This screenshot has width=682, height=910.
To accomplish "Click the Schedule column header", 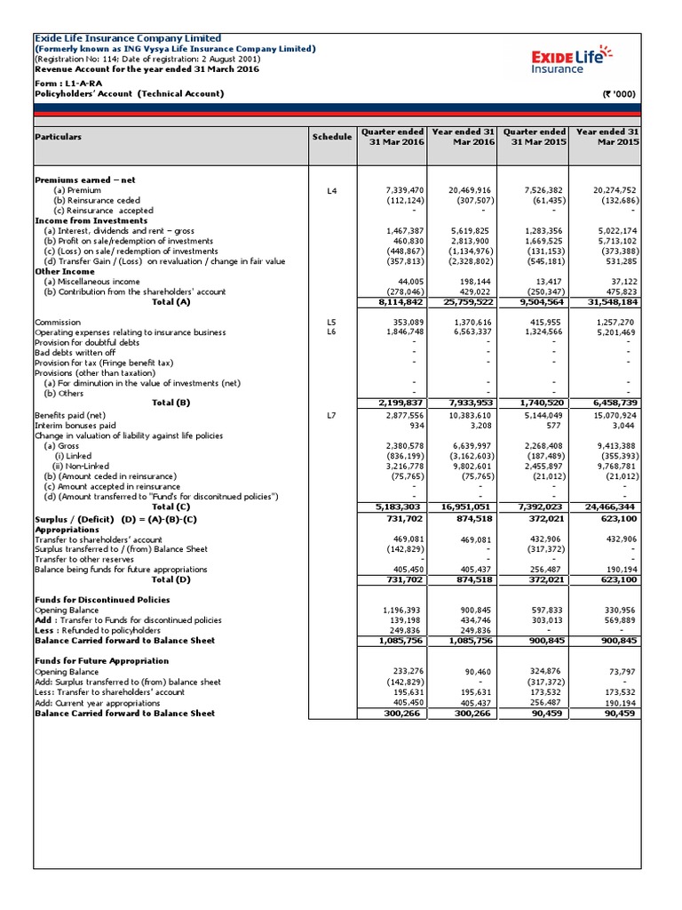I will pos(331,138).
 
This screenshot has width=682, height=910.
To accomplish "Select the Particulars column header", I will pos(58,138).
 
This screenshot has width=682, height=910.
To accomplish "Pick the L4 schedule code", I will pos(331,190).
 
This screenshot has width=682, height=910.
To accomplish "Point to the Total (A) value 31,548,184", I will pos(607,301).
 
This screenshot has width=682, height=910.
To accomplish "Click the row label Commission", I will pos(58,323).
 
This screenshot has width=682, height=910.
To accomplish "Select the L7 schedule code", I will pos(331,415).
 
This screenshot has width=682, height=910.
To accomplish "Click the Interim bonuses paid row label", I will pos(75,426).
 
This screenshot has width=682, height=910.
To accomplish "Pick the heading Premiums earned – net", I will pos(84,180).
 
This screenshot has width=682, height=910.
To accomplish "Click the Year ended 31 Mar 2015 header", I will pos(607,138).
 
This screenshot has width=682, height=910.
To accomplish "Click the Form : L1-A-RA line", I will pos(73,84).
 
